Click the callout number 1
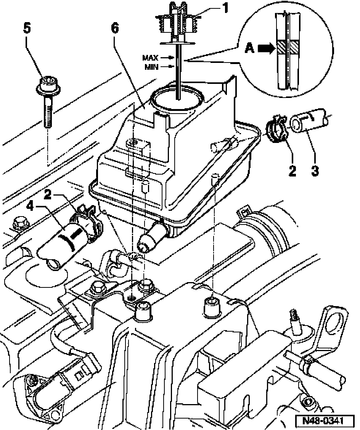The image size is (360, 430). tap(225, 8)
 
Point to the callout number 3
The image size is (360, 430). tap(315, 170)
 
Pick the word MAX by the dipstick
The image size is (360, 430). tap(150, 58)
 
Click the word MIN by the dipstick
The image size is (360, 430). tap(151, 67)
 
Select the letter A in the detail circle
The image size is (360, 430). tap(249, 48)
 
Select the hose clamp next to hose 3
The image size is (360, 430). tap(276, 128)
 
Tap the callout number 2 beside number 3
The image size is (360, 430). tap(292, 170)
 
